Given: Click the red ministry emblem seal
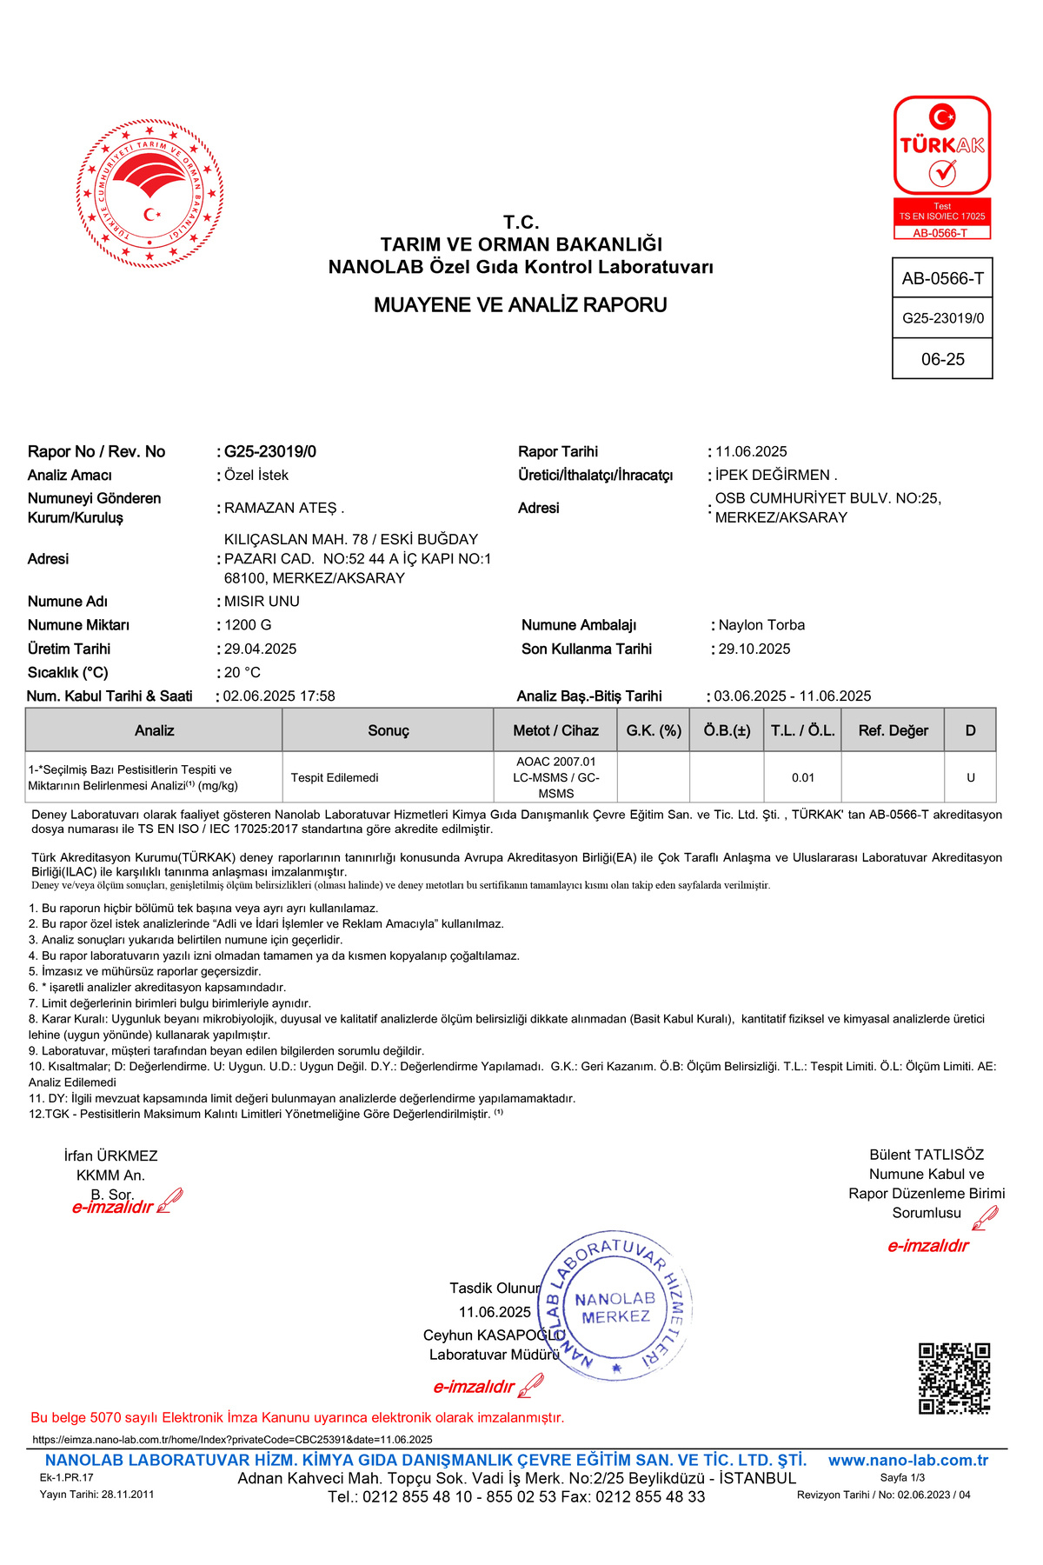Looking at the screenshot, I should [x=149, y=193].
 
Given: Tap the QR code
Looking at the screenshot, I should [x=954, y=1378].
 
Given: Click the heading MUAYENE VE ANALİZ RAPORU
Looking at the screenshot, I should [x=521, y=305].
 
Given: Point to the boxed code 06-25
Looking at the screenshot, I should [x=943, y=359].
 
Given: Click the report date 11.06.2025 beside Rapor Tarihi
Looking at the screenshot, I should [x=751, y=451].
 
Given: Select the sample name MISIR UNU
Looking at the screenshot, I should [x=262, y=602].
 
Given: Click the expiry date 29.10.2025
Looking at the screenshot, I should [x=754, y=649].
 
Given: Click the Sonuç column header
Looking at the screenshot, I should [x=388, y=730].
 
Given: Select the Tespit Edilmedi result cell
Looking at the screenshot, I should [x=335, y=777].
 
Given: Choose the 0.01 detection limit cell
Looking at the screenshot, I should [x=803, y=777].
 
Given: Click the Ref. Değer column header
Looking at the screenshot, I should [x=893, y=730].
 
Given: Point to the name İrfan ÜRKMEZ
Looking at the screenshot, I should [x=110, y=1155].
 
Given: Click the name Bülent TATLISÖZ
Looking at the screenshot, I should [x=927, y=1155].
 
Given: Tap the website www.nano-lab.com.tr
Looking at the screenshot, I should [x=907, y=1461].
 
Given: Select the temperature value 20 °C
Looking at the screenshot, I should [x=242, y=672].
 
